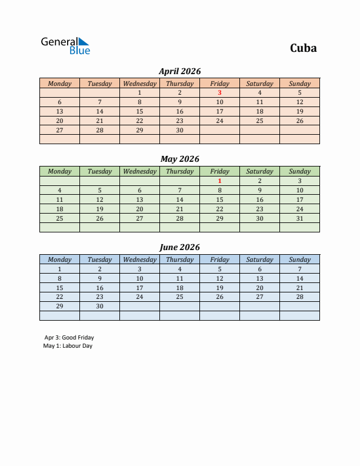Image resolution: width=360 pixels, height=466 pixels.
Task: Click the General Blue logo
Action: point(65,46)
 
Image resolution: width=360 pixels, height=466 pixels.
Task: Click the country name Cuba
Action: point(303,48)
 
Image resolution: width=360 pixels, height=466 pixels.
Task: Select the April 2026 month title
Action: point(179,71)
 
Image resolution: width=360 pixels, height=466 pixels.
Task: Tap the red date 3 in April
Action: point(219,92)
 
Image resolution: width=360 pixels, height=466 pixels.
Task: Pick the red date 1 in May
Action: point(219,181)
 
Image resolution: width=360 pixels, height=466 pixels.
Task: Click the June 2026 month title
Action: point(179,247)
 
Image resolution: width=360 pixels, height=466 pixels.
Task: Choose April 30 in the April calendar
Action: point(179,130)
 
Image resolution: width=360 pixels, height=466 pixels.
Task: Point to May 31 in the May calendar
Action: point(299,218)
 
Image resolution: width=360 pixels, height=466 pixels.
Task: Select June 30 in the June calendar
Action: point(99,306)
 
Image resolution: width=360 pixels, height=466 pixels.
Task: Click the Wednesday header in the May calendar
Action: point(139,171)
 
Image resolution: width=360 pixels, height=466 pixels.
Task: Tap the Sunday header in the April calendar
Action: point(299,84)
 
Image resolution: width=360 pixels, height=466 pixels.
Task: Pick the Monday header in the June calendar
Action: point(59,259)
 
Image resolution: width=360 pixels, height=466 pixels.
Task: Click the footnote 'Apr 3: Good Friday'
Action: point(69,338)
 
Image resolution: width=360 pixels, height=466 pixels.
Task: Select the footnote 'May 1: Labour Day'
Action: point(68,346)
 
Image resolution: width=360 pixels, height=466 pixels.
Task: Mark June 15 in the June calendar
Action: point(59,288)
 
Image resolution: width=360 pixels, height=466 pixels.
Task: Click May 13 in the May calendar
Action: point(139,199)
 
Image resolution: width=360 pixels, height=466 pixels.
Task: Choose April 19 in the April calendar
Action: point(299,111)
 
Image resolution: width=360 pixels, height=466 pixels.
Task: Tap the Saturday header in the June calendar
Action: point(259,259)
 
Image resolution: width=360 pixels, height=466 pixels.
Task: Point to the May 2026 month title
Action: point(179,159)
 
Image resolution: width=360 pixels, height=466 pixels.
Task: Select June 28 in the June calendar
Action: point(299,297)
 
